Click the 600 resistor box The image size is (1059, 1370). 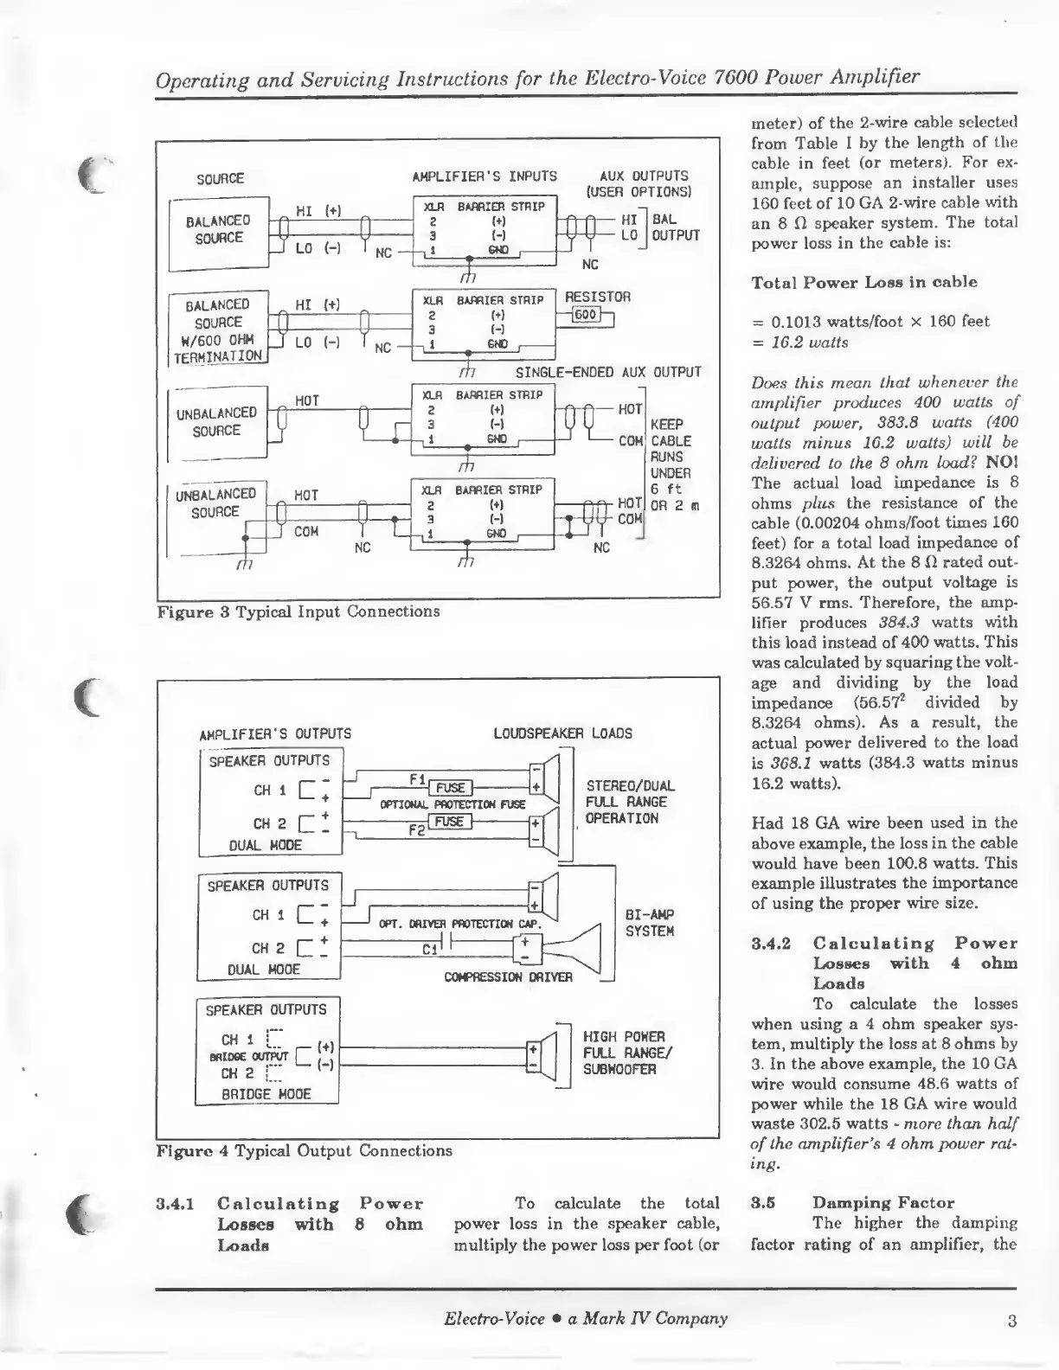(586, 314)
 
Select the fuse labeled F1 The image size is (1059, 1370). (450, 787)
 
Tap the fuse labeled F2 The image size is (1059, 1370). (450, 822)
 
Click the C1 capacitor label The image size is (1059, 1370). (428, 949)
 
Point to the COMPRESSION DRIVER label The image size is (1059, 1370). (508, 977)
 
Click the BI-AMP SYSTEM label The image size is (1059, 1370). (649, 923)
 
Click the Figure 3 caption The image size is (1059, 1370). (298, 611)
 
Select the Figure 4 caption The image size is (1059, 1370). (304, 1150)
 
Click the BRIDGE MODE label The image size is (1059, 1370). (266, 1093)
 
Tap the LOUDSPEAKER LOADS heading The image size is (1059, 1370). (562, 733)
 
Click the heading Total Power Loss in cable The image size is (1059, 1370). (852, 282)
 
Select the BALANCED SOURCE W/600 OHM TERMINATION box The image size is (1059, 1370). (219, 330)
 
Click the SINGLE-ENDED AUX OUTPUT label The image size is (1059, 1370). (607, 373)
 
